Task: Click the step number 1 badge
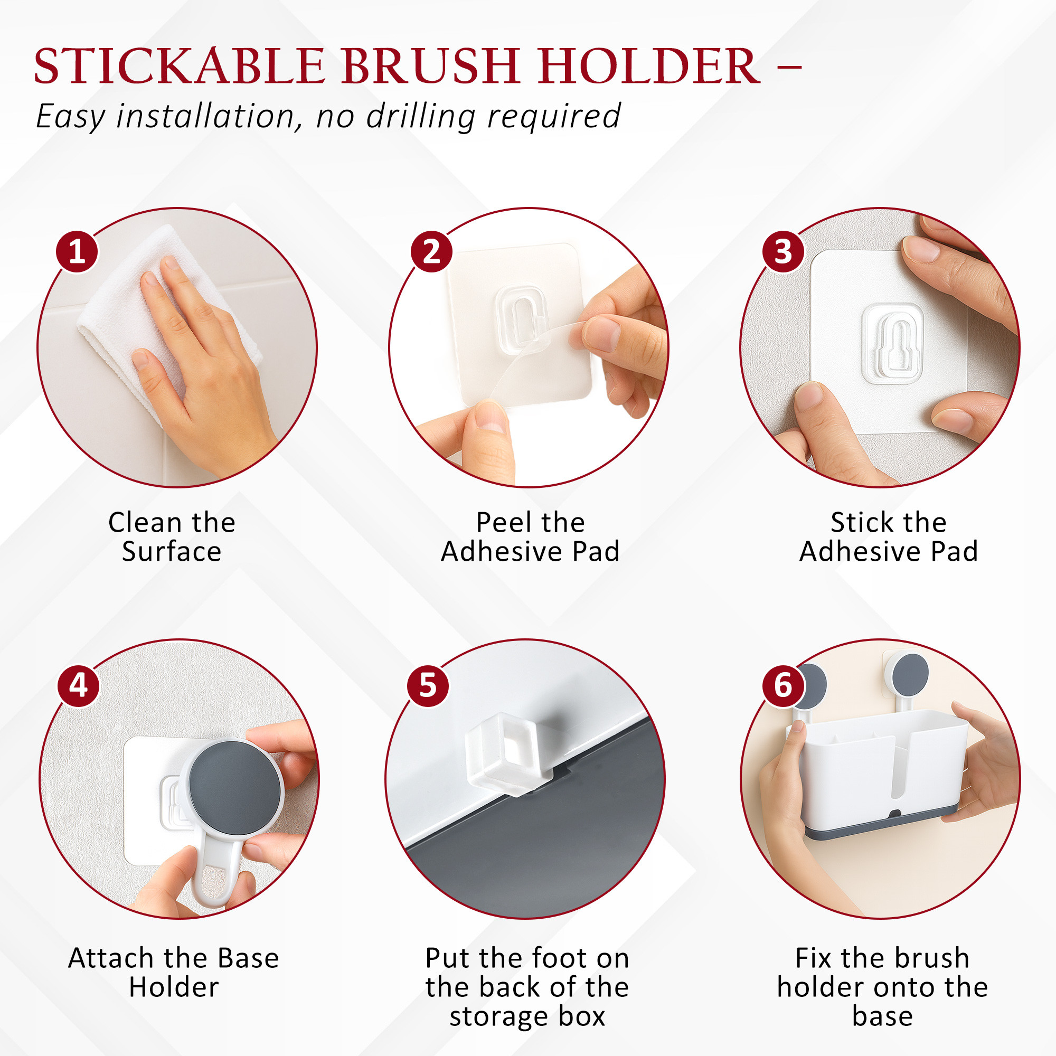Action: tap(77, 251)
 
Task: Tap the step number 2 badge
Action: tap(431, 251)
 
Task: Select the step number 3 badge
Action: tap(783, 251)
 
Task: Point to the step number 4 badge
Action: tap(79, 685)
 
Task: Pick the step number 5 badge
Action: tap(428, 685)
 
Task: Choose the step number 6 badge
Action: tap(783, 685)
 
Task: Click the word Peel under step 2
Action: tap(500, 523)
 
